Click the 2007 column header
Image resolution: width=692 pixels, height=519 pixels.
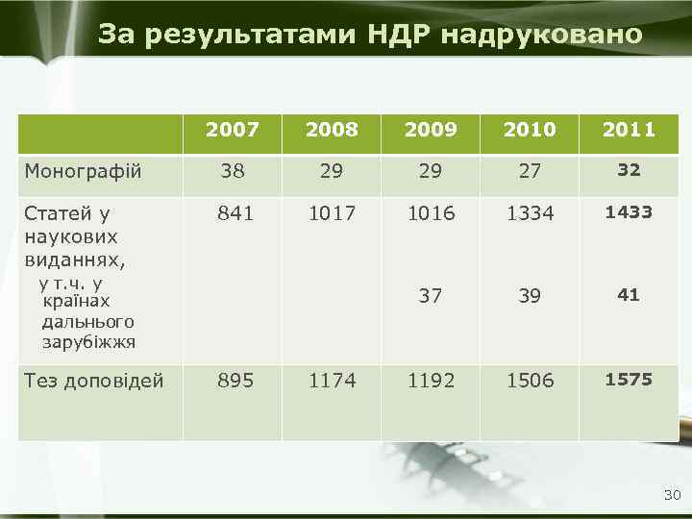(x=232, y=129)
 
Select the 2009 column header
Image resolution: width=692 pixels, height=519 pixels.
(x=431, y=129)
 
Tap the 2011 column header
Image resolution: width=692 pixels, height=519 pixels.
(x=630, y=129)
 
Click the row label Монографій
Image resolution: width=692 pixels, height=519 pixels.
(x=83, y=172)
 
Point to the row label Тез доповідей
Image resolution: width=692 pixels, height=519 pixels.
(x=94, y=381)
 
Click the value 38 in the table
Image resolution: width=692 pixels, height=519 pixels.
(x=232, y=172)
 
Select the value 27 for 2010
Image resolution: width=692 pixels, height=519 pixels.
(x=530, y=172)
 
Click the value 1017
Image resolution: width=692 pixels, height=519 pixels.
(x=332, y=213)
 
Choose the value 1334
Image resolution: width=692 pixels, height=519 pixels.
(x=530, y=213)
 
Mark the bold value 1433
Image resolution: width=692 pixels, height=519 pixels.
(x=630, y=212)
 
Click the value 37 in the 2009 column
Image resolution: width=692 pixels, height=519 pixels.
(x=431, y=297)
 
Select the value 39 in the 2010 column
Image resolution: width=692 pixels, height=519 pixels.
(x=530, y=297)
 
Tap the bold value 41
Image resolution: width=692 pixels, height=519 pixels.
(x=630, y=296)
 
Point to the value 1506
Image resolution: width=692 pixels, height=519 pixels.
(x=530, y=381)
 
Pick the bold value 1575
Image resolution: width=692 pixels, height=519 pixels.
(x=630, y=380)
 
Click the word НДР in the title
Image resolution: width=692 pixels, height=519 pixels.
(x=401, y=36)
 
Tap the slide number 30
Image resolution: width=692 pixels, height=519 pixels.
(x=670, y=495)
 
